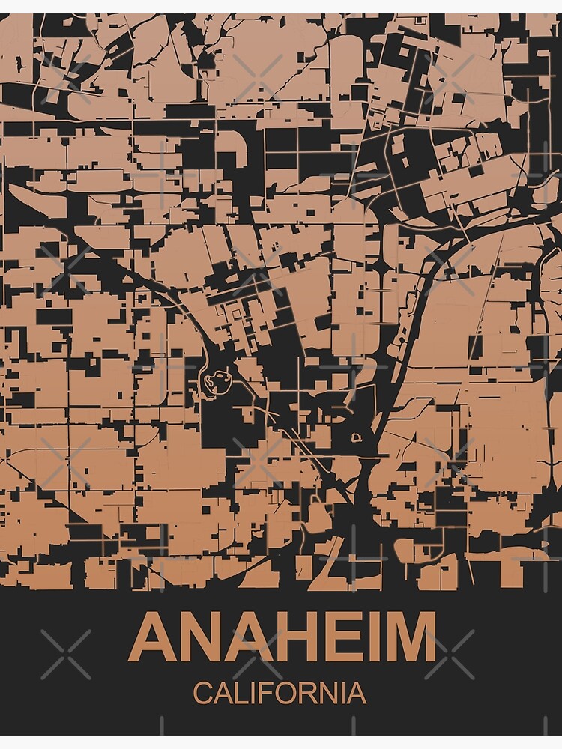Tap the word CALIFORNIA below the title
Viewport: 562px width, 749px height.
[280, 693]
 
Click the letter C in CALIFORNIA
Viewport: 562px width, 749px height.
[202, 693]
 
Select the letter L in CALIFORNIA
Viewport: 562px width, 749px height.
[239, 693]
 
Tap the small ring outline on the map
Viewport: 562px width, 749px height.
[355, 435]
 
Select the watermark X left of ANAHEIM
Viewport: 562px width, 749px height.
[66, 654]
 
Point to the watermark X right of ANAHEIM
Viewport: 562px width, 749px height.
[450, 654]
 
